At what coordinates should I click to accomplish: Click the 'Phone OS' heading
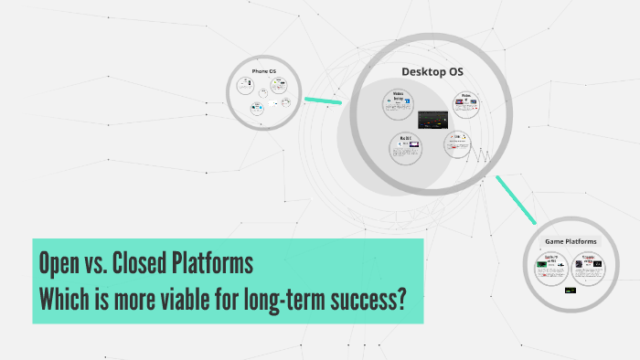point(264,71)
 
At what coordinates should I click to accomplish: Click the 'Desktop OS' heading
point(432,71)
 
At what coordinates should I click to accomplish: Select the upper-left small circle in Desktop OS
point(399,103)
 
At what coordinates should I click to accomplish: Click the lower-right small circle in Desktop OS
point(456,143)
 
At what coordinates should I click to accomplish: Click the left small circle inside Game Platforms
point(551,268)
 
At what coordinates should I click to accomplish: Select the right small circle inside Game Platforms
point(590,268)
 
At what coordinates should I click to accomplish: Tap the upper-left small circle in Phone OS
point(245,85)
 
